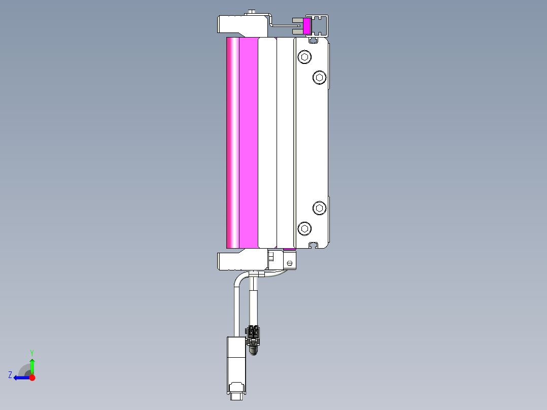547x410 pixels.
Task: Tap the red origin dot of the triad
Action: click(32, 378)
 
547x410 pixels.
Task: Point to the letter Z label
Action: click(10, 375)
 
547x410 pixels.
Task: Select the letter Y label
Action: click(32, 352)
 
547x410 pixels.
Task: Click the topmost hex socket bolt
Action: click(304, 57)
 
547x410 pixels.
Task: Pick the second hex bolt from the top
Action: click(319, 77)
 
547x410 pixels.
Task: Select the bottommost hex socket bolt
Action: click(304, 228)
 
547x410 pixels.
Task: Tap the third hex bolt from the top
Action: click(319, 208)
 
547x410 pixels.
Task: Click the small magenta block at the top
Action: click(307, 26)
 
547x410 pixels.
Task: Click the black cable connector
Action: click(253, 333)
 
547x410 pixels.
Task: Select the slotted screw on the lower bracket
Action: click(289, 263)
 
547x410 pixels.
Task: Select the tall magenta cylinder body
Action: click(242, 143)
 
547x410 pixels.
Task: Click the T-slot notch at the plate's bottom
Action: click(315, 245)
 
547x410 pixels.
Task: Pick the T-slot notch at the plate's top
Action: click(315, 39)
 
